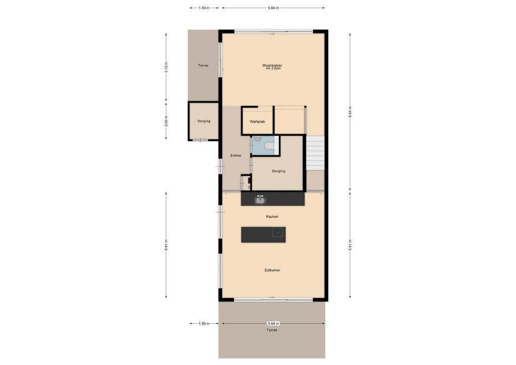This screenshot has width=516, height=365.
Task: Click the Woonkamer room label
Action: click(272, 65)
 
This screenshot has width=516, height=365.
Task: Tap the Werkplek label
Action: click(257, 122)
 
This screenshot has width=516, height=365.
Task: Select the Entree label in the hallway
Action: click(236, 155)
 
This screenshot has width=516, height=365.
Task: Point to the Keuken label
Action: click(272, 217)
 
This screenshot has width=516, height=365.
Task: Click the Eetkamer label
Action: click(273, 270)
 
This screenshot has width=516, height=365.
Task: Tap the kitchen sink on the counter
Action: click(261, 200)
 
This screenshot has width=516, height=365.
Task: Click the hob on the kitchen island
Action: click(278, 232)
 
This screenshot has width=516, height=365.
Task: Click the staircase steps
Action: click(315, 153)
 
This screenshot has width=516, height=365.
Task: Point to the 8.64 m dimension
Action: click(350, 111)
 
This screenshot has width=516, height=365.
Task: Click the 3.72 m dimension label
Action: click(166, 67)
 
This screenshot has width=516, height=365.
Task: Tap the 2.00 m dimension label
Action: click(166, 121)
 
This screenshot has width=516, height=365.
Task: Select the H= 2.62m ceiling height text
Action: click(273, 69)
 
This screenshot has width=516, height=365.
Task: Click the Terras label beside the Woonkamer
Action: click(203, 66)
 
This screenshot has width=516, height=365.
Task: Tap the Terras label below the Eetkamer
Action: click(272, 330)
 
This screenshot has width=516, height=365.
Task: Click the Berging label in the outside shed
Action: click(204, 121)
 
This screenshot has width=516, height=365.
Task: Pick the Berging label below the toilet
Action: click(279, 171)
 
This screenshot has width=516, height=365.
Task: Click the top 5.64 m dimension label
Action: click(274, 8)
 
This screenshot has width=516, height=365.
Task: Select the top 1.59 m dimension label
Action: click(204, 8)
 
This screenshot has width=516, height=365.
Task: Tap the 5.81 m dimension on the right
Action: click(350, 245)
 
